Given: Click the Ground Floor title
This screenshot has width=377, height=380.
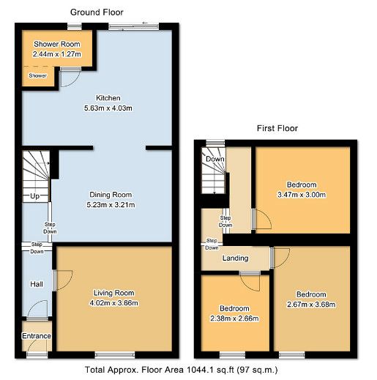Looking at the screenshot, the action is (x=97, y=12).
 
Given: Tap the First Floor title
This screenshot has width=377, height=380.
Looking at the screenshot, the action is (x=277, y=128).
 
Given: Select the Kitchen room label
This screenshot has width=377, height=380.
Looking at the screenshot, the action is (x=108, y=98).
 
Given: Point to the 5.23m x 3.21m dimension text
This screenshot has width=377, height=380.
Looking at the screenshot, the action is (x=111, y=205).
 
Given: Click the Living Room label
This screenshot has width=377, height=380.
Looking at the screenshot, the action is (x=114, y=293).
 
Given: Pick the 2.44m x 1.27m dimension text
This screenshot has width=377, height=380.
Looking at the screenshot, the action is (x=57, y=54).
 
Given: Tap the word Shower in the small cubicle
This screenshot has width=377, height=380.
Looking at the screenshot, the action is (x=38, y=75).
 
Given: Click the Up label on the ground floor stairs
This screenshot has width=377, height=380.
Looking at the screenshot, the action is (x=34, y=196).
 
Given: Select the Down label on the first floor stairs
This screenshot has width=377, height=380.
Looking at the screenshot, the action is (x=215, y=159).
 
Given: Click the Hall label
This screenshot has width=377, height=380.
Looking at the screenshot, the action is (x=37, y=284).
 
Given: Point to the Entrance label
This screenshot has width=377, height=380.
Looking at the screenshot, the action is (x=37, y=336).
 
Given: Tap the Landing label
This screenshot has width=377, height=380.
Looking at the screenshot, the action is (x=235, y=258).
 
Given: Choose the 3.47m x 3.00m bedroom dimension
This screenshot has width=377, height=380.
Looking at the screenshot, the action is (x=302, y=195).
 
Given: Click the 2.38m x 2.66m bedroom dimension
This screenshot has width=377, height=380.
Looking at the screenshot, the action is (x=234, y=318).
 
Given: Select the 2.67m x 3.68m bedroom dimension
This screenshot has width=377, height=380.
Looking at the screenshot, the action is (x=311, y=305).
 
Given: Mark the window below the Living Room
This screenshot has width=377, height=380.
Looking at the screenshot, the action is (x=115, y=355).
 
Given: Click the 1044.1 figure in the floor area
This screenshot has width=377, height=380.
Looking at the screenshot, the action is (x=197, y=370).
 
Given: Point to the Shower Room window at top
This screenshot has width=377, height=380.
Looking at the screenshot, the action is (x=75, y=26).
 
